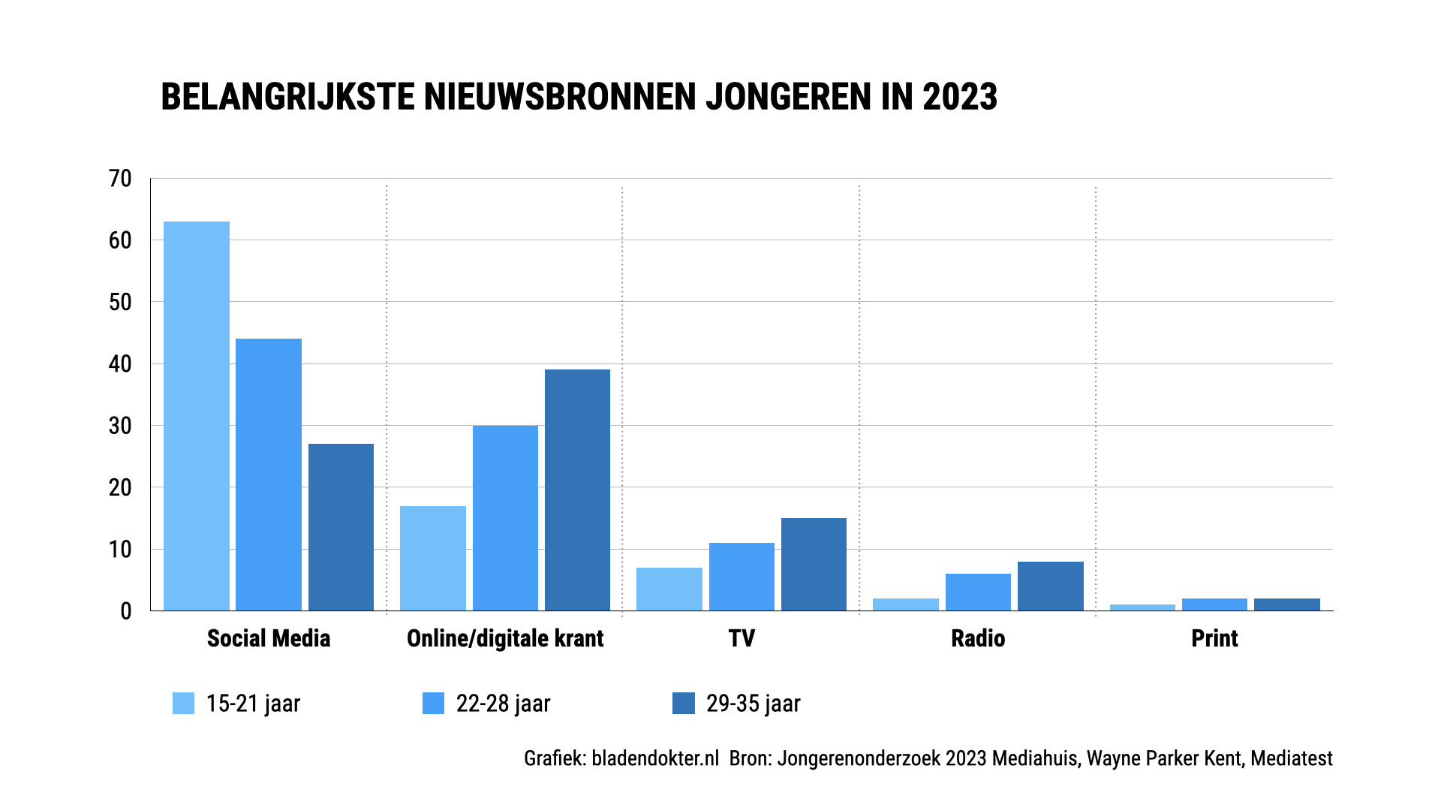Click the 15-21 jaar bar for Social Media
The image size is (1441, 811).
point(197,416)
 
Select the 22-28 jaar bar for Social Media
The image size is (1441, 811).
point(269,475)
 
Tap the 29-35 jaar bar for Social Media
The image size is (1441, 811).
point(341,527)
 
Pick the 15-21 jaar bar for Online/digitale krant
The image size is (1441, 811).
point(433,558)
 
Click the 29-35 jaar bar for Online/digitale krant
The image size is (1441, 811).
point(577,490)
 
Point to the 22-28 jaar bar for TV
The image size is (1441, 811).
point(742,577)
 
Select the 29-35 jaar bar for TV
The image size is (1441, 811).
point(814,564)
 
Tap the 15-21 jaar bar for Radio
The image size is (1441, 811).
point(906,604)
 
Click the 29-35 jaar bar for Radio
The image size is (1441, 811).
point(1051,586)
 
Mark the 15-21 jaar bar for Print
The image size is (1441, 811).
point(1142,607)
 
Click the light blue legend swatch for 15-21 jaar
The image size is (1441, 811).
point(183,703)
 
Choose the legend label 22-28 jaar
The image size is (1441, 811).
point(503,704)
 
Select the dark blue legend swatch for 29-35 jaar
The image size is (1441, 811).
point(683,703)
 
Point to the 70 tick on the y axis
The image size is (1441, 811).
point(120,179)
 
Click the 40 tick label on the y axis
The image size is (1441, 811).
point(120,364)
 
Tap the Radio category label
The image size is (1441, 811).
point(978,638)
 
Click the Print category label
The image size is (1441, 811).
point(1214,638)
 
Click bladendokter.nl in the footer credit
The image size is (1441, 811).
point(655,758)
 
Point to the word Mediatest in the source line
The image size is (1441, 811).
point(1292,758)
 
